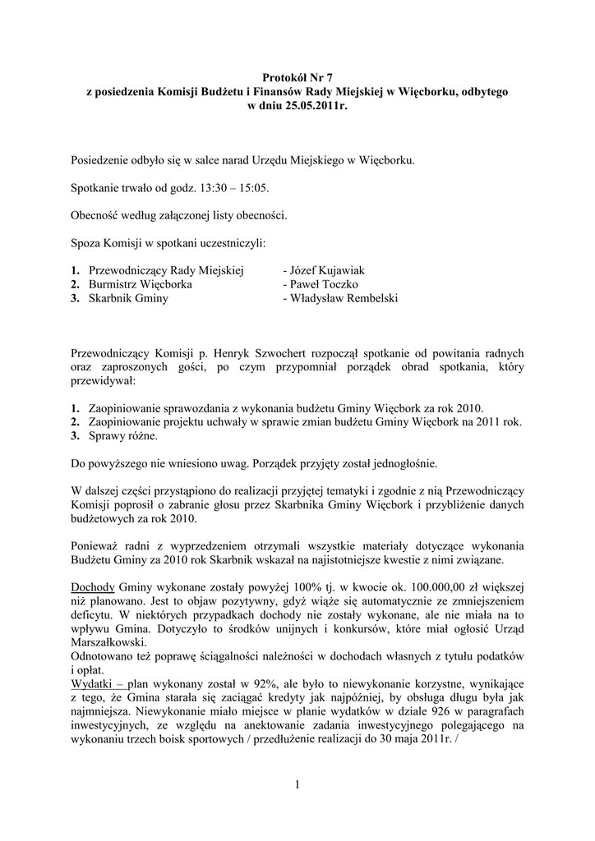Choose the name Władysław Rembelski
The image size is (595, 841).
pyautogui.click(x=339, y=298)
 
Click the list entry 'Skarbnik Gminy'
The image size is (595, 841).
pyautogui.click(x=127, y=298)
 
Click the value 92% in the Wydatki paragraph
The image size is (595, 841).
pyautogui.click(x=249, y=682)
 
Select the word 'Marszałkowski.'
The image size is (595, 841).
pyautogui.click(x=109, y=642)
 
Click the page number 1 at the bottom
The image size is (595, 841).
pyautogui.click(x=297, y=785)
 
